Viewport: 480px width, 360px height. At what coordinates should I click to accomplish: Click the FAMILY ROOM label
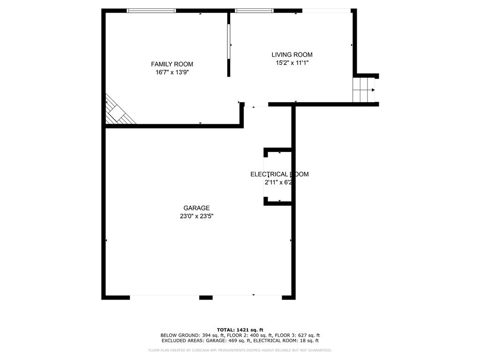coord(172,64)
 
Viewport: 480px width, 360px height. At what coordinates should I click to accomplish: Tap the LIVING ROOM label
coord(292,55)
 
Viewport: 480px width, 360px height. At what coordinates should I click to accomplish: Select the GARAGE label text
coord(196,208)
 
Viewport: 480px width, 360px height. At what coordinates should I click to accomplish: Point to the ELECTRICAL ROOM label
coord(279,174)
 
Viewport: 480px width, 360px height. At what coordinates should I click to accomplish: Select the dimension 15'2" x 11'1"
coord(292,63)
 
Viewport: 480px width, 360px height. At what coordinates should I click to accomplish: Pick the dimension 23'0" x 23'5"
coord(196,216)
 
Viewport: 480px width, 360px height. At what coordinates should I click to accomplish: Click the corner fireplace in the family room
coord(116,112)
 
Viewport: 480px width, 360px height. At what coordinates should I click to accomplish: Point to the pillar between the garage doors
coord(206,297)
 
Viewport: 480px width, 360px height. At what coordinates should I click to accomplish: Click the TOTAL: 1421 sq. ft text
coord(240,330)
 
